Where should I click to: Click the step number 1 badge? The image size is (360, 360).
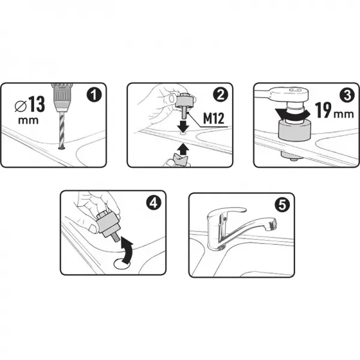pyautogui.click(x=94, y=95)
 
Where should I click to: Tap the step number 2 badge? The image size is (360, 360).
pyautogui.click(x=220, y=95)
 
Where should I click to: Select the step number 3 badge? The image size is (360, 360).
pyautogui.click(x=347, y=95)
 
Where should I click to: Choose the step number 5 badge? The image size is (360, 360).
pyautogui.click(x=282, y=205)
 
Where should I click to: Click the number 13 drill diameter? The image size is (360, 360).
pyautogui.click(x=37, y=104)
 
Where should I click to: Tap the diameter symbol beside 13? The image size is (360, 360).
pyautogui.click(x=20, y=107)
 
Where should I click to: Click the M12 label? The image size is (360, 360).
pyautogui.click(x=214, y=119)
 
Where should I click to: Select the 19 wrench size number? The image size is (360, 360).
pyautogui.click(x=323, y=110)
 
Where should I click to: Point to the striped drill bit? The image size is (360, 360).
pyautogui.click(x=62, y=131)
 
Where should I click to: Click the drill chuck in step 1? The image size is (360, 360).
pyautogui.click(x=62, y=98)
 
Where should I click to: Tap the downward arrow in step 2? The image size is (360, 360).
pyautogui.click(x=183, y=126)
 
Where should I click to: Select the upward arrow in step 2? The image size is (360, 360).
pyautogui.click(x=183, y=149)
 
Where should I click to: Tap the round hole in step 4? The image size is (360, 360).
pyautogui.click(x=122, y=263)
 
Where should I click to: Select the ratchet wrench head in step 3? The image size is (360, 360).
pyautogui.click(x=290, y=94)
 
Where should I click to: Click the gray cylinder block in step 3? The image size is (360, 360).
pyautogui.click(x=295, y=130)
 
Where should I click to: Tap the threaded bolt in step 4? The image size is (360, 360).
pyautogui.click(x=116, y=238)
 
